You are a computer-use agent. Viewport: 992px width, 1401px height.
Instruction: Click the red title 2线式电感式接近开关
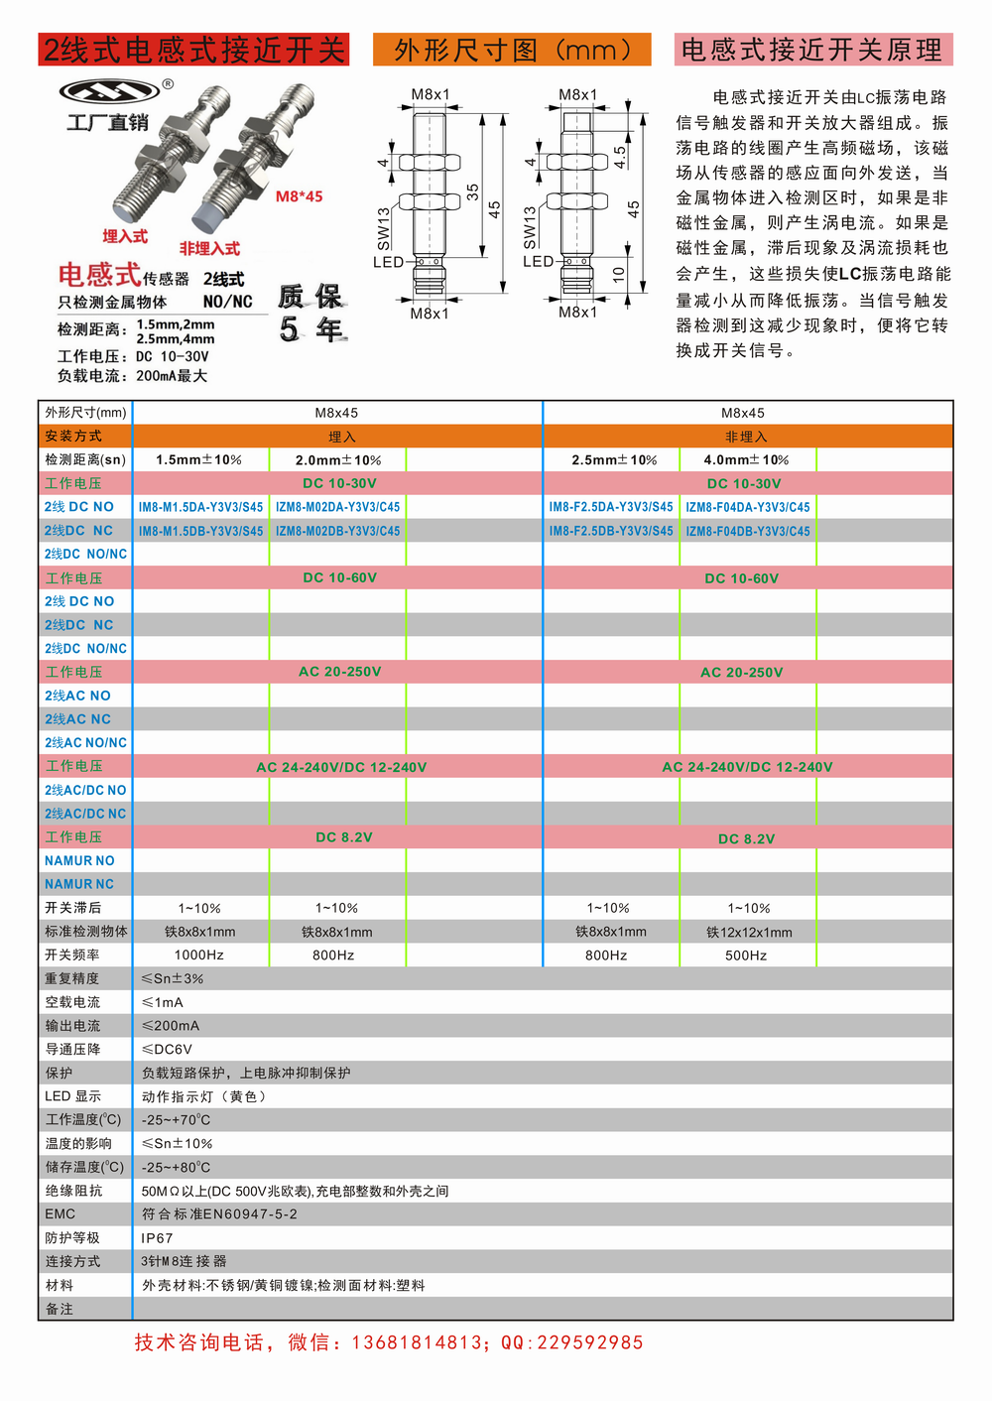pos(193,50)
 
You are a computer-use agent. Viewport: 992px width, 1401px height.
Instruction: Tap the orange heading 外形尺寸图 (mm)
pos(512,50)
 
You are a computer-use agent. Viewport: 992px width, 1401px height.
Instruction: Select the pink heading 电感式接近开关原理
pos(812,50)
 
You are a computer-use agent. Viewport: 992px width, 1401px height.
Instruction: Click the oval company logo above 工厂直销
pos(109,91)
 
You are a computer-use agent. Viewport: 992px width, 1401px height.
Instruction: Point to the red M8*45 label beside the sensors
pos(299,196)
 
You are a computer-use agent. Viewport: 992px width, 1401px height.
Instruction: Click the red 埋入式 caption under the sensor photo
pos(125,236)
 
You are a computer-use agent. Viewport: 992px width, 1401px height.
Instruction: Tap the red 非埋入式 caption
pos(209,248)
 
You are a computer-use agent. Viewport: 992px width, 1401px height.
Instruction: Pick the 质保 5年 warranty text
pos(310,312)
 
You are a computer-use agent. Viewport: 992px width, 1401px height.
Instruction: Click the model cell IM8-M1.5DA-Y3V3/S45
pos(200,507)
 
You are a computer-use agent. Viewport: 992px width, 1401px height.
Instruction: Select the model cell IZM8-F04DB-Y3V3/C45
pos(748,531)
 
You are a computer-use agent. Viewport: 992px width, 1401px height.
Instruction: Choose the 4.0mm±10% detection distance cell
pos(746,460)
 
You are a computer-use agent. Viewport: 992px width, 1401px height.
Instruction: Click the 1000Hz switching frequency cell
pos(198,955)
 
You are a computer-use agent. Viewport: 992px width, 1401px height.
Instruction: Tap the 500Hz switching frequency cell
pos(746,955)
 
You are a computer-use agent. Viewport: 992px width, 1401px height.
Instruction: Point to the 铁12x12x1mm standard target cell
pos(749,933)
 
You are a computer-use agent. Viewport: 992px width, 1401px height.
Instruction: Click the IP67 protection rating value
pos(157,1238)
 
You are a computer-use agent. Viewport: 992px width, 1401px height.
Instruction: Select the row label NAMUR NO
pos(79,861)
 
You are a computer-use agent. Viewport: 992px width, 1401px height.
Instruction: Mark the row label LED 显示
pos(72,1096)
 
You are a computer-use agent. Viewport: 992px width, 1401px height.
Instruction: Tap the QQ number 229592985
pos(591,1342)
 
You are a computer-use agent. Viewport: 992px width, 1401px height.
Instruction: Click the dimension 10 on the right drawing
pos(619,274)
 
